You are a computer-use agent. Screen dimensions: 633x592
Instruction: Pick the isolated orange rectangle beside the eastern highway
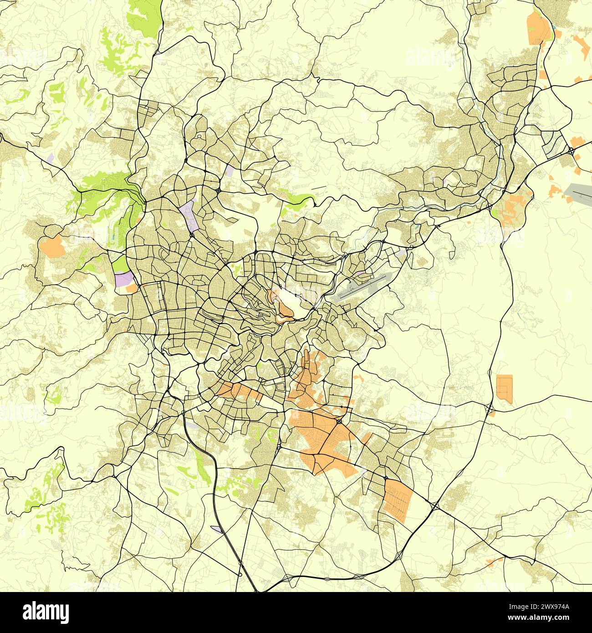[x=504, y=388]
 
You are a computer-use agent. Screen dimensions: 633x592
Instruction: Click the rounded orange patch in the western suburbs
[x=52, y=246]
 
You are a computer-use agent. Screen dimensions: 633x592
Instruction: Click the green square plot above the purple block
[x=120, y=264]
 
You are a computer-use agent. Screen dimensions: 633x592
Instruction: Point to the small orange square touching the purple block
[x=132, y=288]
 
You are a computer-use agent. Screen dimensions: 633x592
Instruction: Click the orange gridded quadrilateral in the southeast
[x=397, y=500]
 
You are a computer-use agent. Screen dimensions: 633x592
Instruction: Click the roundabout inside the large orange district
[x=340, y=422]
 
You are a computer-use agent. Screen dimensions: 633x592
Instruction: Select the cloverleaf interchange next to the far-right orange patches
[x=570, y=150]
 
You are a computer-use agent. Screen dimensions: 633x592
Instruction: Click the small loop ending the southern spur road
[x=240, y=563]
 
